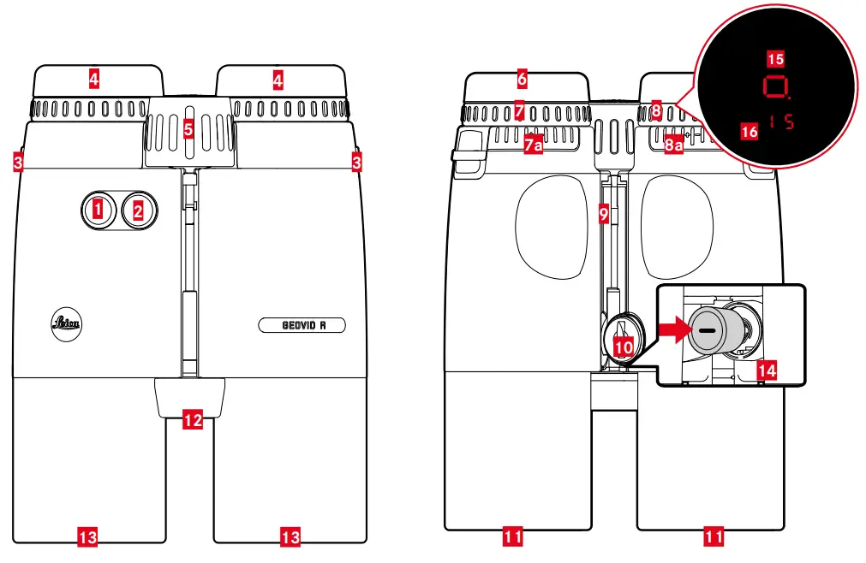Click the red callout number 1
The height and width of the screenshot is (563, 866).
(x=99, y=208)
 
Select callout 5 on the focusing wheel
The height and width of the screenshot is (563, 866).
(x=188, y=129)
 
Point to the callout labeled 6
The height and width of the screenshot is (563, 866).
(x=522, y=80)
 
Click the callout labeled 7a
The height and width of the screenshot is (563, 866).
(x=533, y=145)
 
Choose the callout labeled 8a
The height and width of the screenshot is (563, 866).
(x=674, y=145)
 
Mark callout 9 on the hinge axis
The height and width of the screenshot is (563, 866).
(x=604, y=215)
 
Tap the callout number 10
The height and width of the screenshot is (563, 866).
(x=624, y=346)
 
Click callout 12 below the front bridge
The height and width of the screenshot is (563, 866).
(x=194, y=419)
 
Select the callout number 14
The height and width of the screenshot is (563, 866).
(x=767, y=370)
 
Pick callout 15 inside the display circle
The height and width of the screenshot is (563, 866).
(x=775, y=58)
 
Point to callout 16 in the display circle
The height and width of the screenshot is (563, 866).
(x=750, y=131)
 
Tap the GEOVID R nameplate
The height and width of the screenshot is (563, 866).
(x=302, y=325)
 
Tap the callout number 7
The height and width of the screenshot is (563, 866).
(x=519, y=110)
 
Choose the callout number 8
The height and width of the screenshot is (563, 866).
(x=656, y=110)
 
